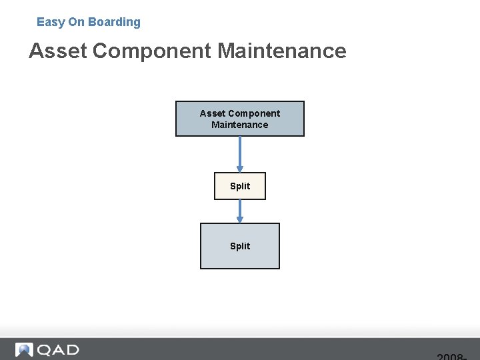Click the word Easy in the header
[x=51, y=22]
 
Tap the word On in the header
[x=77, y=22]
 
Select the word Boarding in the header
[x=115, y=22]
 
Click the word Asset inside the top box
[x=213, y=113]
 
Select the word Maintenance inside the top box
[x=239, y=125]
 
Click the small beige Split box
[x=239, y=186]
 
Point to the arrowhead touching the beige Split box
[x=240, y=169]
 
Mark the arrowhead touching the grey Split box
[x=240, y=220]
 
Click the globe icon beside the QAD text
[x=24, y=350]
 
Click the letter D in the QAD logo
[x=71, y=350]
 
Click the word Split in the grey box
[x=239, y=246]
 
